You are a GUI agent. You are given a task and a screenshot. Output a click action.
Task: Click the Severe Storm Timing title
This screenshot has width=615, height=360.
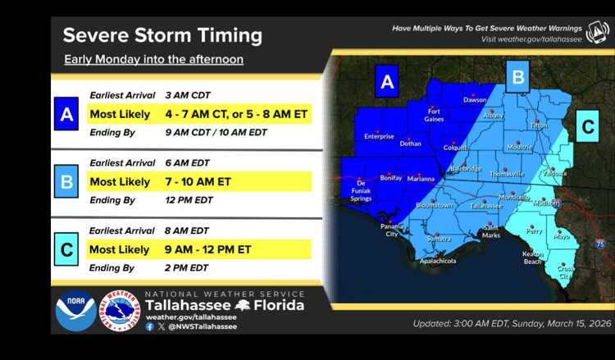tap(162, 35)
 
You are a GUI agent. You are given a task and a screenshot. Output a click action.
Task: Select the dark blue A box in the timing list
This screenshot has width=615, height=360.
tap(66, 113)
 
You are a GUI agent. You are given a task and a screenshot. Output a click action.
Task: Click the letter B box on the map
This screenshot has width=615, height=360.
tap(517, 77)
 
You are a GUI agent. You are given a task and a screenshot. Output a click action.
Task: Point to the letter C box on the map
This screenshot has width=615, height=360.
tap(587, 126)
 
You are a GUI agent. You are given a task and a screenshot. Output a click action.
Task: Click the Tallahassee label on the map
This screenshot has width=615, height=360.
tap(485, 206)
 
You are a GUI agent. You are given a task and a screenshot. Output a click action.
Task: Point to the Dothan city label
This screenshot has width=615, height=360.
tap(410, 143)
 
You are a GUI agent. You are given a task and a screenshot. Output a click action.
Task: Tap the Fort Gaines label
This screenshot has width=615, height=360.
tap(434, 115)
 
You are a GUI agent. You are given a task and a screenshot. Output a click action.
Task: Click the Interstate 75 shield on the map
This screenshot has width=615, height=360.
tap(601, 244)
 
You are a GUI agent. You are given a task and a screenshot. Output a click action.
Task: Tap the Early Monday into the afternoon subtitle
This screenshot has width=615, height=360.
tap(153, 60)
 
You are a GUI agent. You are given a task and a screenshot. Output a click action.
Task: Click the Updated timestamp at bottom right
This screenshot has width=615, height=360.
tap(512, 323)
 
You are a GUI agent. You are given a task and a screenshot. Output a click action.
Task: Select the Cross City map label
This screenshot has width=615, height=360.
tap(566, 272)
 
